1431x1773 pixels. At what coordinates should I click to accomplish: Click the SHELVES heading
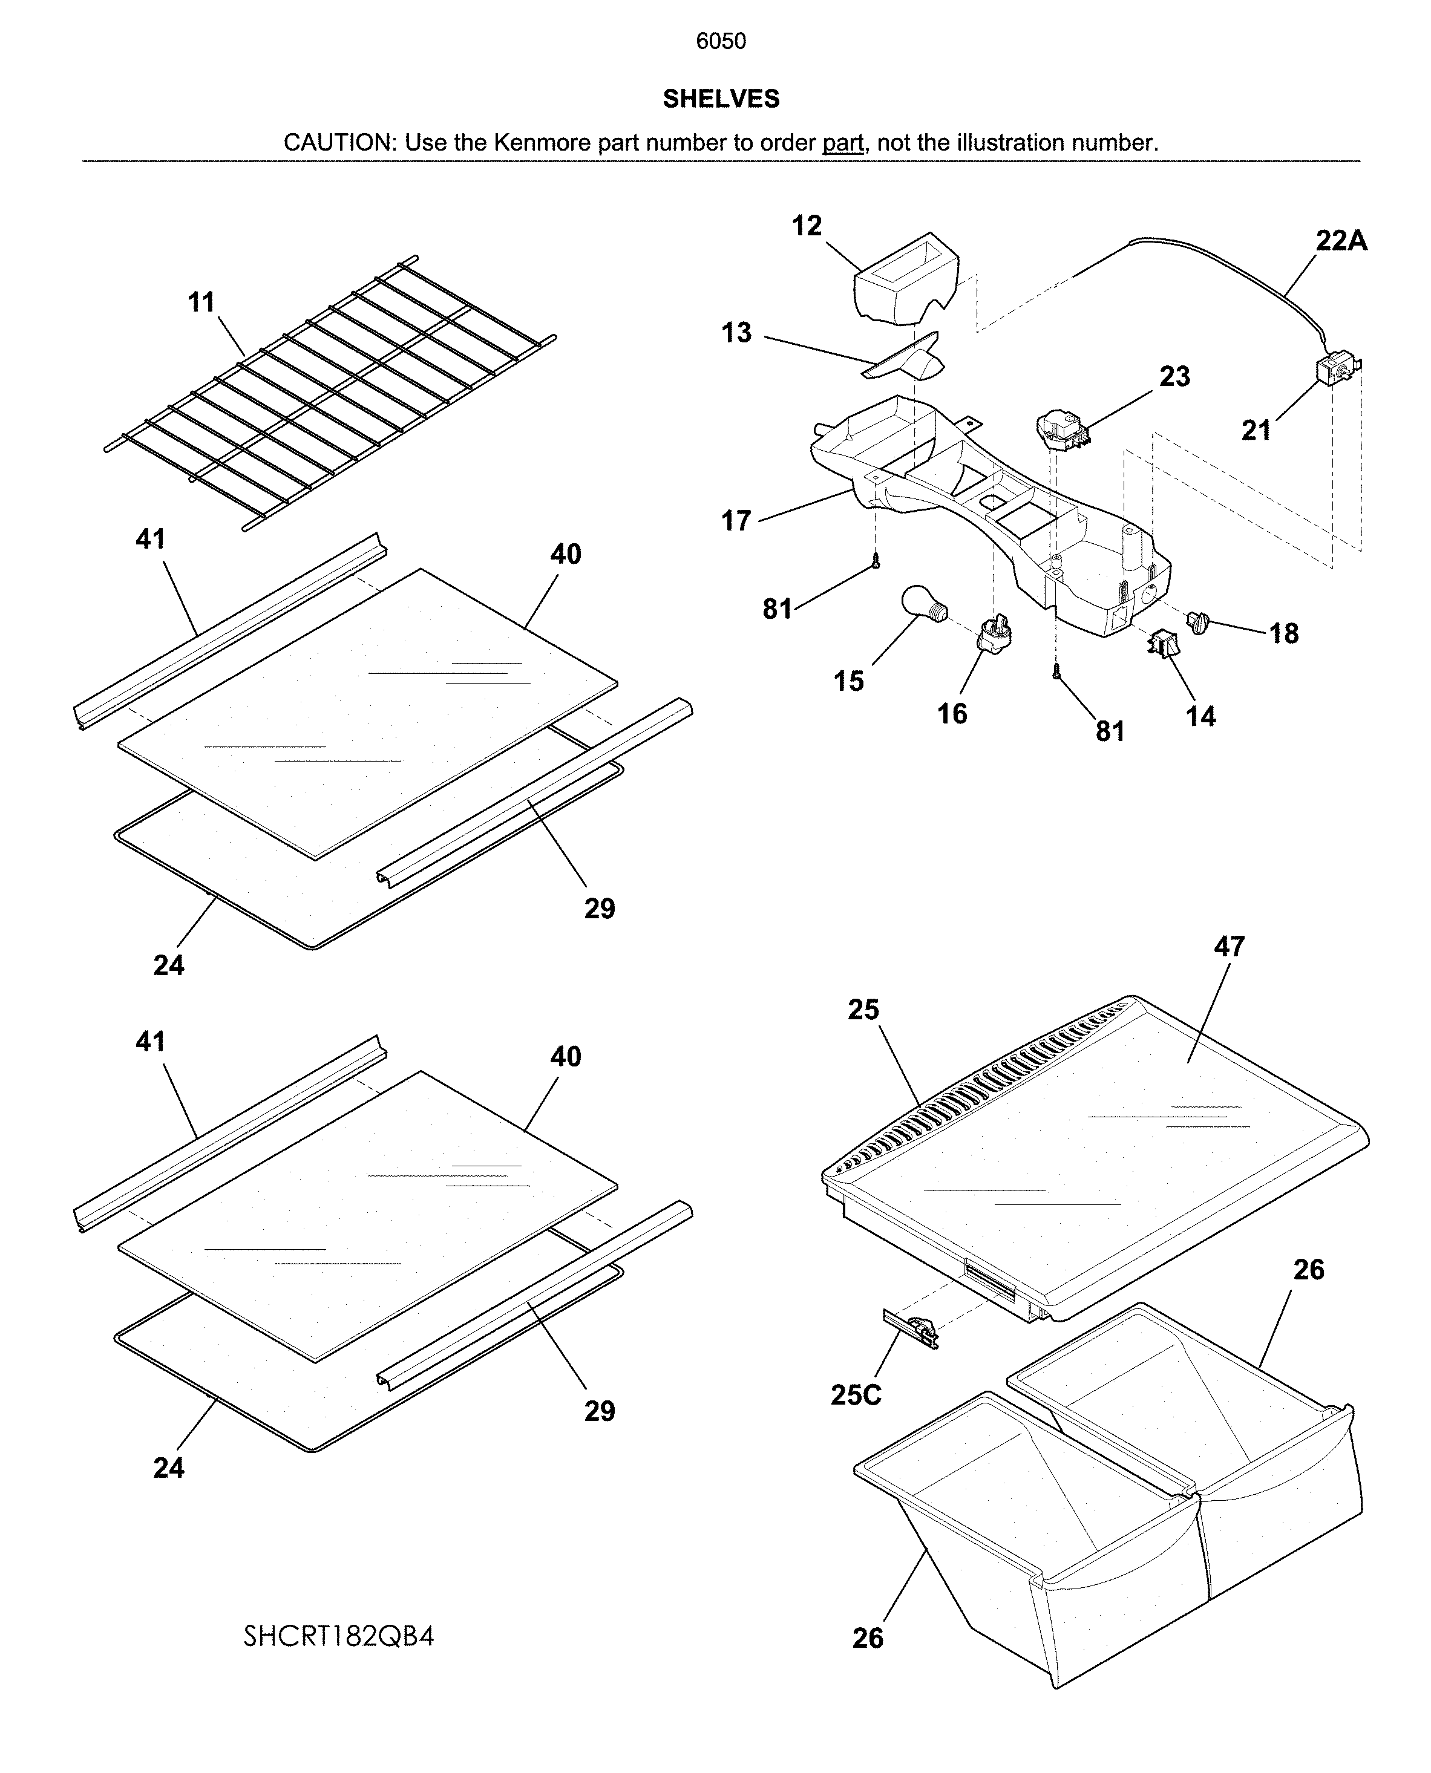click(x=721, y=99)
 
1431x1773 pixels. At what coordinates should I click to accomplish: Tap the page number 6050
click(x=721, y=41)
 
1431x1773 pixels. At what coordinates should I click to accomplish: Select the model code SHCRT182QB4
click(x=338, y=1636)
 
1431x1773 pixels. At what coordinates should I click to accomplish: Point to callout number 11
click(x=201, y=302)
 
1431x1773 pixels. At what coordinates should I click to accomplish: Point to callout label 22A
click(x=1341, y=241)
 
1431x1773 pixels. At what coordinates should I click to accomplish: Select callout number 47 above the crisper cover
click(x=1228, y=947)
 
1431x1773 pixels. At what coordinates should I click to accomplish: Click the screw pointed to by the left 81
click(x=876, y=561)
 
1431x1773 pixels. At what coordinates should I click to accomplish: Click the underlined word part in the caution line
click(x=842, y=143)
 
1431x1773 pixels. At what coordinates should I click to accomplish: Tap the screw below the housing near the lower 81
click(x=1056, y=673)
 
